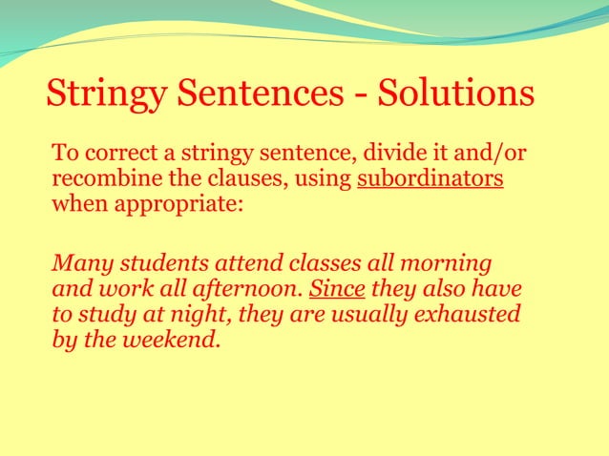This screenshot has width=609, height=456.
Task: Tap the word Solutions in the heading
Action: point(456,93)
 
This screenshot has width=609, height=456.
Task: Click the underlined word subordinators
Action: point(430,178)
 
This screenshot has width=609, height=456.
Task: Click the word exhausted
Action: point(468,312)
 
